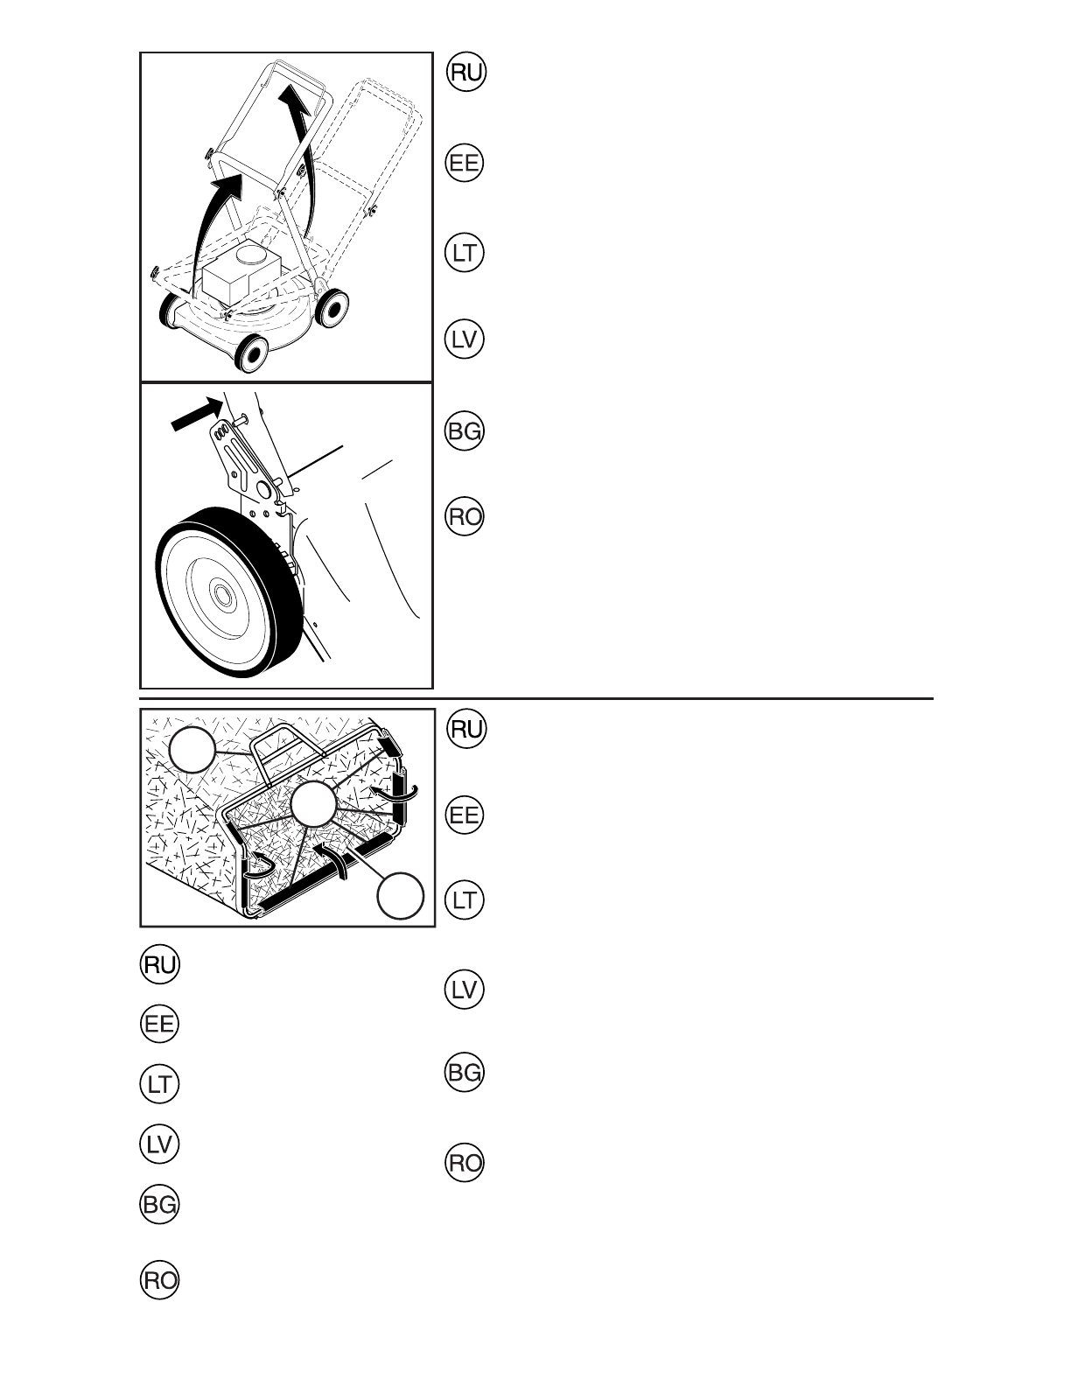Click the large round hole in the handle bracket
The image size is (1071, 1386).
(x=260, y=486)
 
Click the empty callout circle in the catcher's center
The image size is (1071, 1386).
(x=313, y=804)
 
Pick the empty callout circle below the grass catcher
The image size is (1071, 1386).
(x=401, y=895)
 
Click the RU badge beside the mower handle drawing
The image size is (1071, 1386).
(x=465, y=72)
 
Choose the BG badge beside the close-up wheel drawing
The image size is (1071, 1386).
(x=465, y=431)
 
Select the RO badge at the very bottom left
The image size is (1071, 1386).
(x=159, y=1281)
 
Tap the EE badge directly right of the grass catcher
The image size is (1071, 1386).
(x=465, y=815)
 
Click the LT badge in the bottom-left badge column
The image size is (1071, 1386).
(x=159, y=1085)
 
